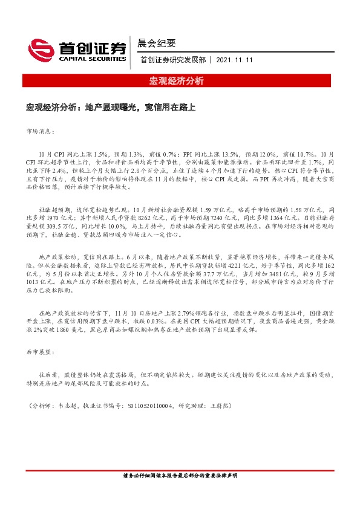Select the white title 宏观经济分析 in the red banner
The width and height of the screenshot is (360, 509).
[x=180, y=80]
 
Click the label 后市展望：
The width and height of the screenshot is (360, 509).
[x=39, y=351]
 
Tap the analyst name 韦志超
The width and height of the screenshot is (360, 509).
[x=70, y=406]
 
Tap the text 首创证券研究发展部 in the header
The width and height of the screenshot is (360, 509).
[x=172, y=60]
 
